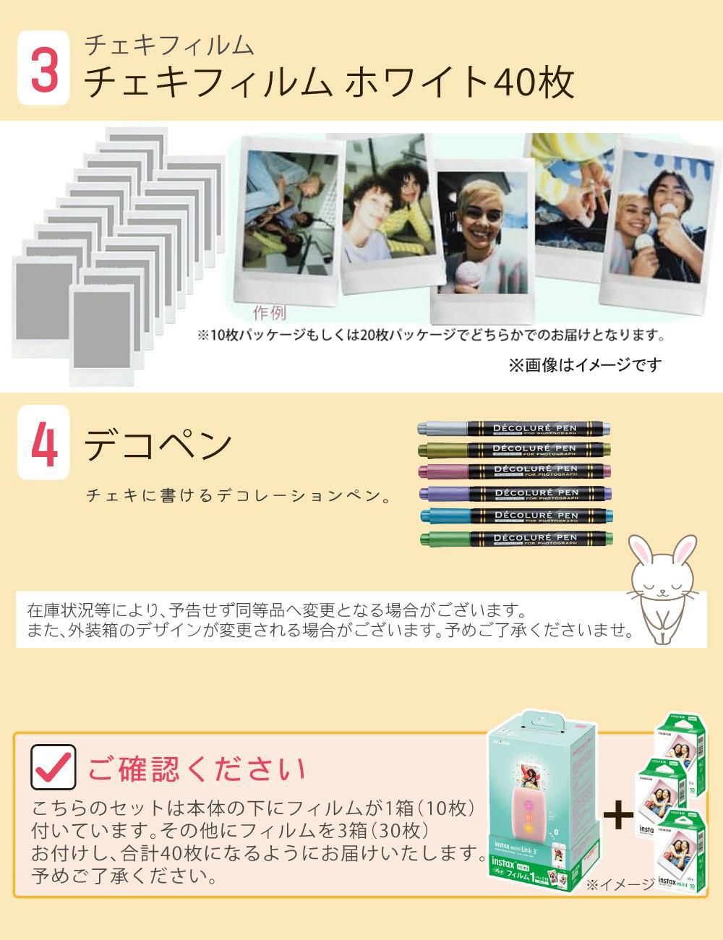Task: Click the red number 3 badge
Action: click(x=44, y=68)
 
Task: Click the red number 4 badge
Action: click(x=44, y=442)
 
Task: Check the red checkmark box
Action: click(x=54, y=766)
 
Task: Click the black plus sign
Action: click(x=617, y=815)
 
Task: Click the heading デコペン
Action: click(x=158, y=444)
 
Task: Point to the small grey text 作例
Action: click(x=269, y=313)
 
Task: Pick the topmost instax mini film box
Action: click(x=680, y=745)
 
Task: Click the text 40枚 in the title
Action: click(x=535, y=82)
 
